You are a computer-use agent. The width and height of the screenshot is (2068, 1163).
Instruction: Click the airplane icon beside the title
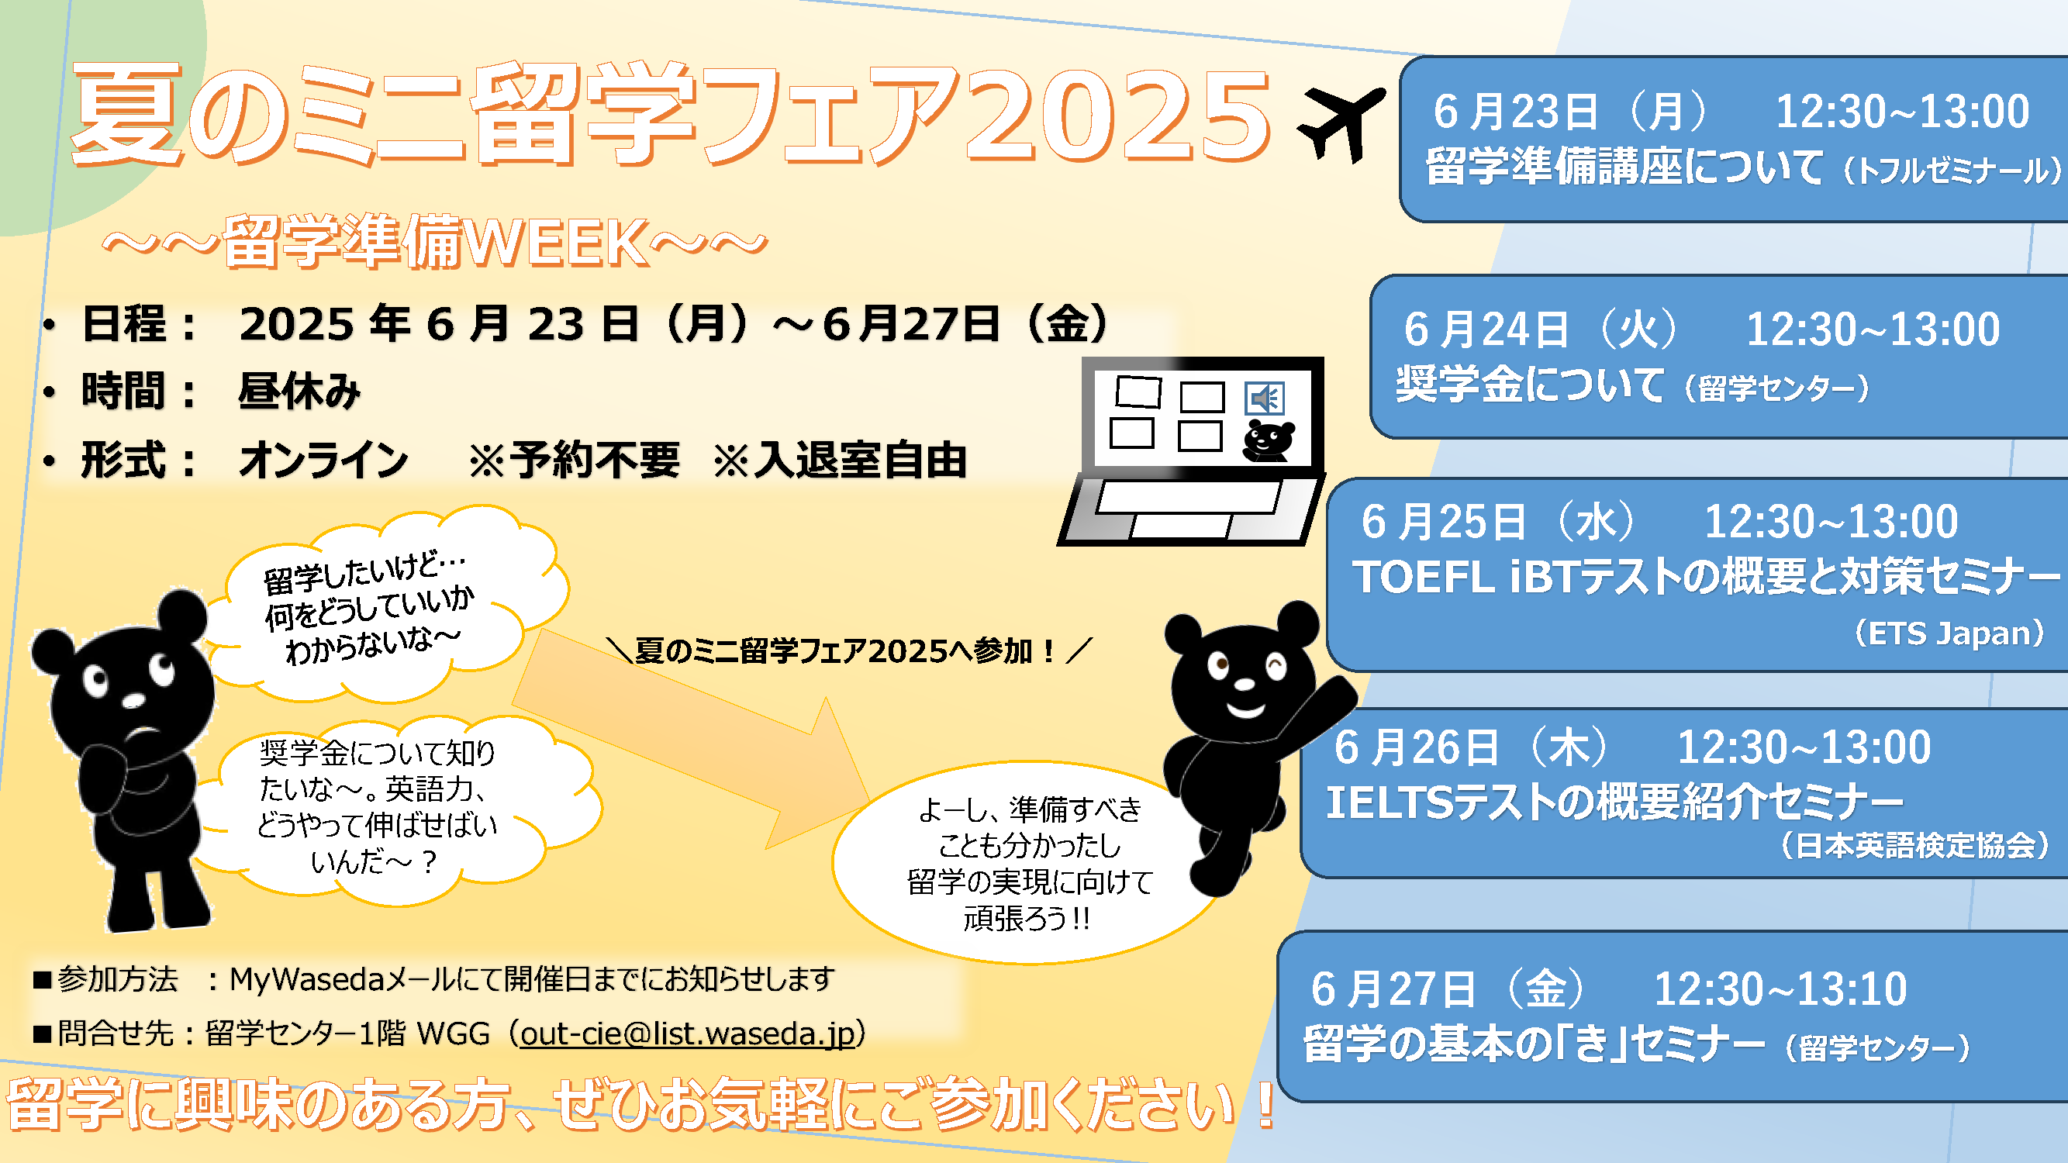pos(1341,124)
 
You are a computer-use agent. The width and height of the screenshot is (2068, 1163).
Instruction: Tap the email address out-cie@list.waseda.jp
pos(688,1034)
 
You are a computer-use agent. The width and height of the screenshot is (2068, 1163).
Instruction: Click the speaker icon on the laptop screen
pos(1265,398)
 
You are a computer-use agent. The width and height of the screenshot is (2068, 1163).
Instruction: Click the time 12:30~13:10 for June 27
pos(1780,989)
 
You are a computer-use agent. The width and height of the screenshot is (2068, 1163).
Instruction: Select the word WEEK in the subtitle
pos(554,243)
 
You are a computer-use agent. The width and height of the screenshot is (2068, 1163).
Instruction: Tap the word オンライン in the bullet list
pos(323,460)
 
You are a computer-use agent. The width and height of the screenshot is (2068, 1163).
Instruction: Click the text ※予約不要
pos(574,461)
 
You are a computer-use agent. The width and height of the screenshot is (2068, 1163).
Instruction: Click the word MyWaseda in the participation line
pos(306,980)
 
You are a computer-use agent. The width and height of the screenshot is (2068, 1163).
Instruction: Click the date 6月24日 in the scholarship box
pos(1486,330)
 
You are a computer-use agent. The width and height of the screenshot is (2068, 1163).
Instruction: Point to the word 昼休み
pos(299,391)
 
